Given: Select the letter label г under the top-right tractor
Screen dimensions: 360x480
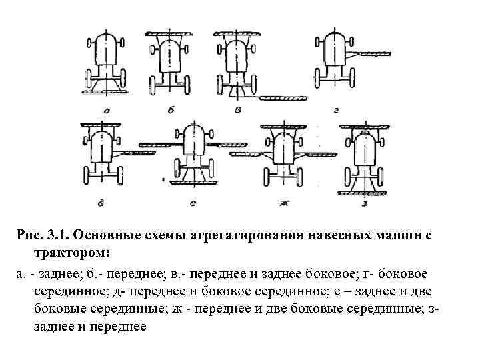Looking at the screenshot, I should coord(336,109).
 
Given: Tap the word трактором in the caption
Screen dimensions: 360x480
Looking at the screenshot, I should coord(71,253).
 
